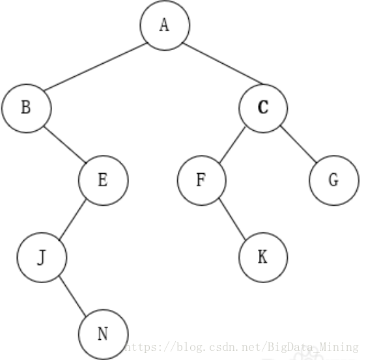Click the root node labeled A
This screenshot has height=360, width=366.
[165, 25]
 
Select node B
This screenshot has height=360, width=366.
[27, 108]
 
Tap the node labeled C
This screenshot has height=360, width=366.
[263, 108]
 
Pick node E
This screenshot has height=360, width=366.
[103, 180]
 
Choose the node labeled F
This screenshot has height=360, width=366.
[201, 180]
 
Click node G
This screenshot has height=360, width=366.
[334, 180]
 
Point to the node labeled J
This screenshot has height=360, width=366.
[42, 257]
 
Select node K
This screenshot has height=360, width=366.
[263, 257]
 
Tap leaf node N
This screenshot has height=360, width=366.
[103, 335]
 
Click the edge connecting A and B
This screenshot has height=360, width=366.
[96, 67]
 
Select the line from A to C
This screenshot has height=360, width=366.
[223, 63]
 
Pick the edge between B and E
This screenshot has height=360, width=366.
[65, 145]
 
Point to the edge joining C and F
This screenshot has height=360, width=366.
[232, 145]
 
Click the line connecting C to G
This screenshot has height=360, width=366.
[299, 144]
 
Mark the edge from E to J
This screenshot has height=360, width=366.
[72, 219]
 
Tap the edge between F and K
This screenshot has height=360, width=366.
[232, 219]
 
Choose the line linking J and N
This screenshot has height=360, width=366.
[72, 296]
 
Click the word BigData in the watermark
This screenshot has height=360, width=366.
[292, 347]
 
